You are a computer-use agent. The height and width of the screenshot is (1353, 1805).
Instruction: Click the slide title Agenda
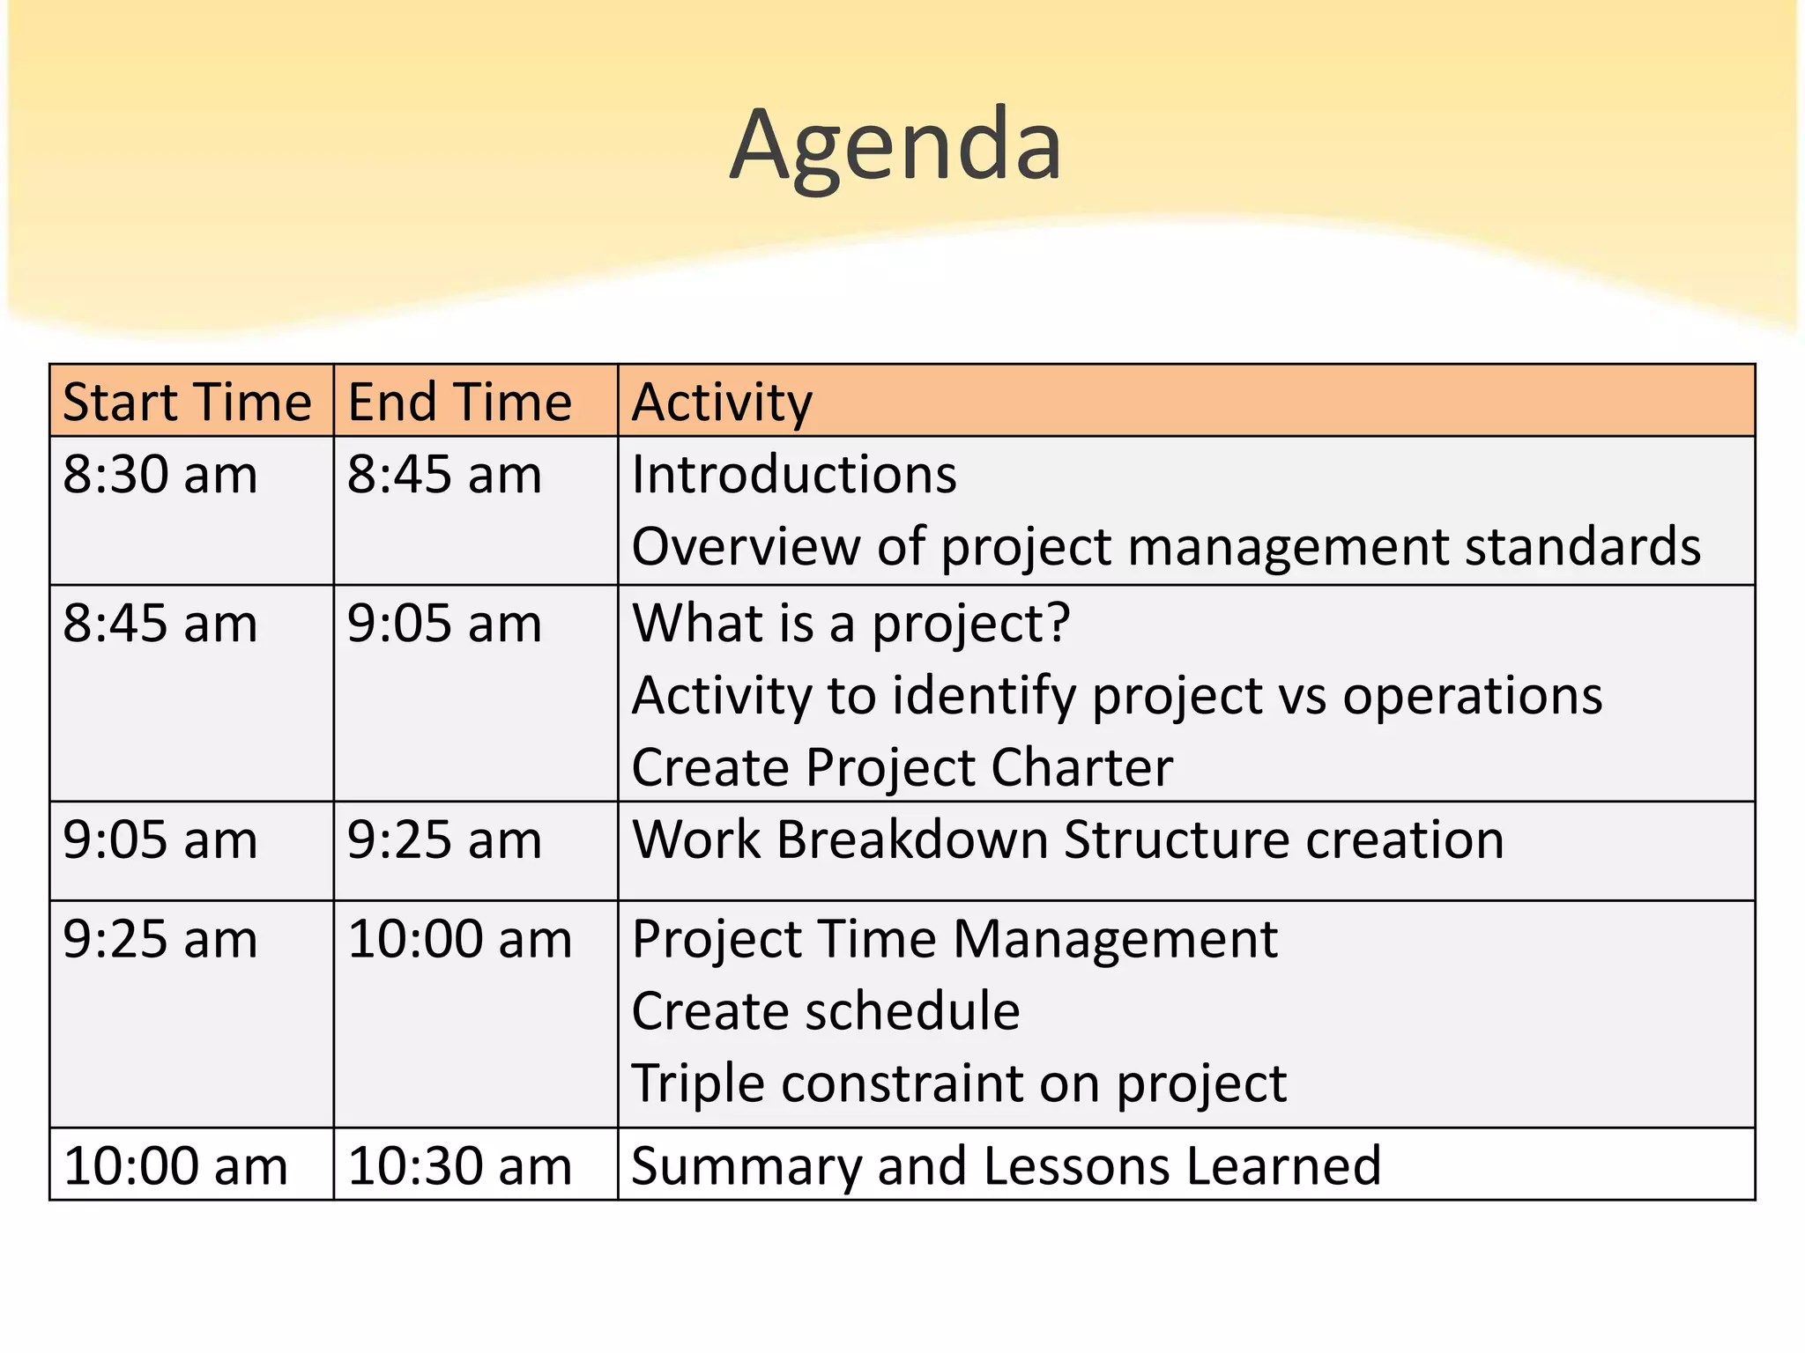coord(895,145)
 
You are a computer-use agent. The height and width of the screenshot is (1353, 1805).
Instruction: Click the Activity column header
coord(722,403)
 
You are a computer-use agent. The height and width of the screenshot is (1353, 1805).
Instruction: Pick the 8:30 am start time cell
coord(160,475)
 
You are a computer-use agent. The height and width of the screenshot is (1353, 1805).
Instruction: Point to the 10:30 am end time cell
coord(459,1166)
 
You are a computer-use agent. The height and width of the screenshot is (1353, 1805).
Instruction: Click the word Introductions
coord(793,475)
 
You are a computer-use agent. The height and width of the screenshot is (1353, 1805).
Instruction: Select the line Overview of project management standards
coord(1165,547)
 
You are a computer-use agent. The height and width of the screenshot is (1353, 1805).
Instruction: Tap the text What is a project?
coord(851,624)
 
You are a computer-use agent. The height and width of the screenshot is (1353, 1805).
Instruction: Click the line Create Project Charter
coord(902,767)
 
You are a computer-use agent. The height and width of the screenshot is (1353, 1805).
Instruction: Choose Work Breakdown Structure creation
coord(1067,839)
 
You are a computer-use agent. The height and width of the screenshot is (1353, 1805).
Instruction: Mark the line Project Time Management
coord(954,939)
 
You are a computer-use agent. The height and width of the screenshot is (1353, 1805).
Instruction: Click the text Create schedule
coord(825,1010)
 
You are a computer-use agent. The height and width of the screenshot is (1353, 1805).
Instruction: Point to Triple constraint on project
coord(958,1083)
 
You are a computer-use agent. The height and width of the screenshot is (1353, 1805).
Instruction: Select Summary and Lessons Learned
coord(1006,1166)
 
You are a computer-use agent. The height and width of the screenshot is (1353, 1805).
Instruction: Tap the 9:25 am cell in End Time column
coord(444,839)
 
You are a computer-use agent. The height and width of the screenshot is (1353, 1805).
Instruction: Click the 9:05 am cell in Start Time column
coord(160,839)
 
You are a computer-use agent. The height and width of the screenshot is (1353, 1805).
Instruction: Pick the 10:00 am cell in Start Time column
coord(175,1166)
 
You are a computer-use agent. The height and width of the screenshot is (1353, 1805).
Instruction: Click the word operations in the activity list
coord(1472,696)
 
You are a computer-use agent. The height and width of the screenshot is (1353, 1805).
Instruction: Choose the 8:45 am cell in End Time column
coord(444,475)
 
